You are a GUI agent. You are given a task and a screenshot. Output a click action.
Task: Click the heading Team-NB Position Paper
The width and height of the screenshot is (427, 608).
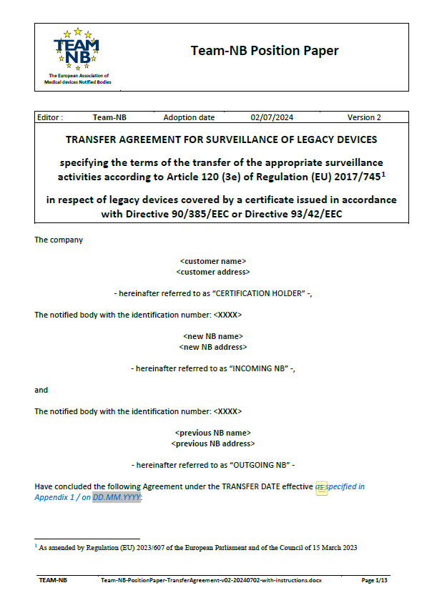265,51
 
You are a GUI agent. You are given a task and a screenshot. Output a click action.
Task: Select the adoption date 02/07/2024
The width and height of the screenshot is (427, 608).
272,117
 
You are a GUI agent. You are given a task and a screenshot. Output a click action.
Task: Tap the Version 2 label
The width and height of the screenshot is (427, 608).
364,117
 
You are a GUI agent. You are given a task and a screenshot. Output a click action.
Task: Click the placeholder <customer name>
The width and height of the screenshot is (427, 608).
213,262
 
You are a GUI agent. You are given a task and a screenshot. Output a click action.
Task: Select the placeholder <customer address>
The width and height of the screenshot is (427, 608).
213,272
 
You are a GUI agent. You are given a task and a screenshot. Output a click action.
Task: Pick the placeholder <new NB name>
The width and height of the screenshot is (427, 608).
213,336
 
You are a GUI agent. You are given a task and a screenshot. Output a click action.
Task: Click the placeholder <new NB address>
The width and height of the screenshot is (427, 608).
213,346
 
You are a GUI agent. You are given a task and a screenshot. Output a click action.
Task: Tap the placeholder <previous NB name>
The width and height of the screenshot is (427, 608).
213,433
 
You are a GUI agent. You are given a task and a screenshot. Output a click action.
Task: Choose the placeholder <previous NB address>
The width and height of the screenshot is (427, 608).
213,443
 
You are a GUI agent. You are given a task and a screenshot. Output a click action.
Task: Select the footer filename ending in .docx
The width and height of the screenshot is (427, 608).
211,580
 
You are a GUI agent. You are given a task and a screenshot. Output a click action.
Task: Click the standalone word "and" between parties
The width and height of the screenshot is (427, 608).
41,390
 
